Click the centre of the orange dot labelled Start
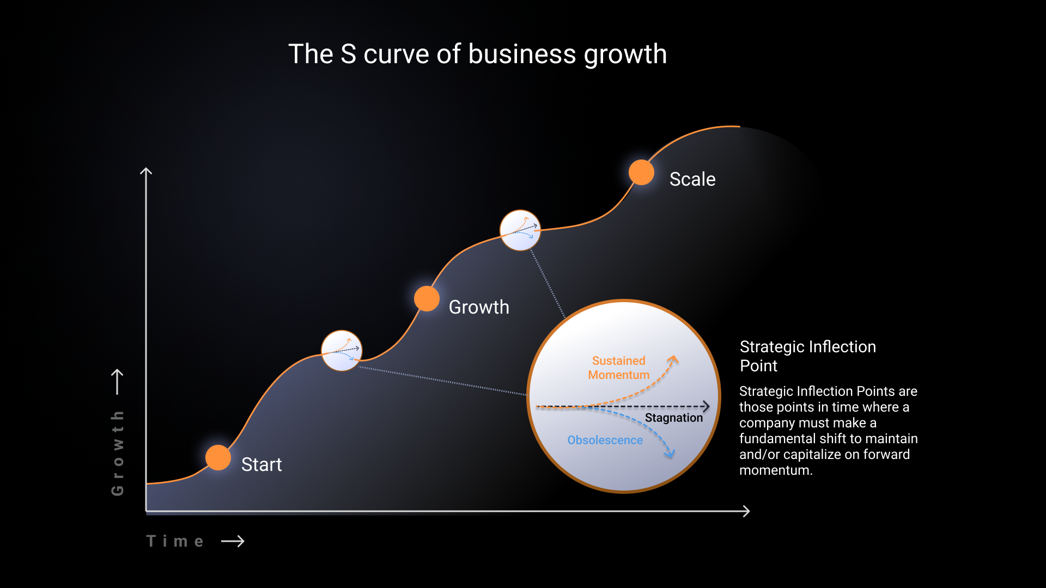pyautogui.click(x=218, y=457)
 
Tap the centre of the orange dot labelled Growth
pyautogui.click(x=427, y=298)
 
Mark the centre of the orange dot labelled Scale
pyautogui.click(x=641, y=172)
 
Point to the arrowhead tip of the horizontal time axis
pyautogui.click(x=750, y=511)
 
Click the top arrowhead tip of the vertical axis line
pyautogui.click(x=146, y=168)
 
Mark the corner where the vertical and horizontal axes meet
pyautogui.click(x=146, y=511)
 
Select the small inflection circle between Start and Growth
pyautogui.click(x=342, y=351)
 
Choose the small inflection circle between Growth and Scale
pyautogui.click(x=520, y=230)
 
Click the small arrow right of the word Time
pyautogui.click(x=233, y=541)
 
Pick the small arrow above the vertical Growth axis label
pyautogui.click(x=117, y=382)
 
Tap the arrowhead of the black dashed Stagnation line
pyautogui.click(x=707, y=406)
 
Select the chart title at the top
pyautogui.click(x=478, y=54)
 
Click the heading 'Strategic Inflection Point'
pyautogui.click(x=808, y=356)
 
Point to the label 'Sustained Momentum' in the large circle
pyautogui.click(x=619, y=367)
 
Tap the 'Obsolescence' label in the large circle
pyautogui.click(x=605, y=440)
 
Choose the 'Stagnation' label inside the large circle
pyautogui.click(x=674, y=418)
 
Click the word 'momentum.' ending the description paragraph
pyautogui.click(x=776, y=470)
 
